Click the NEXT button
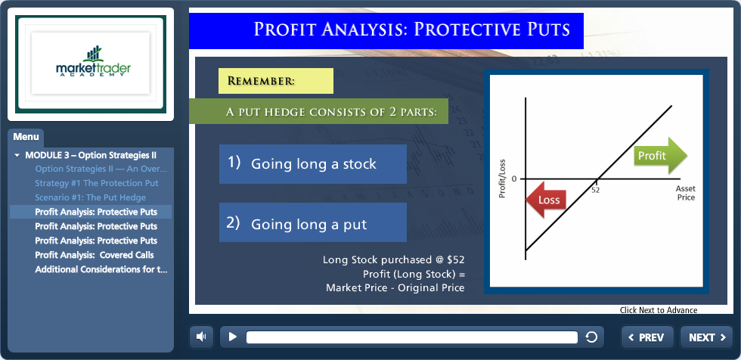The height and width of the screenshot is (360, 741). click(x=706, y=337)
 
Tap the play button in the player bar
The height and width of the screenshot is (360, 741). click(x=233, y=337)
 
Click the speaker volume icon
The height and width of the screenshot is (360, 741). click(x=201, y=337)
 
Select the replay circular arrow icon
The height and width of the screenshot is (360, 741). click(x=591, y=337)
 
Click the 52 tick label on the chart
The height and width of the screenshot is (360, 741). click(x=596, y=190)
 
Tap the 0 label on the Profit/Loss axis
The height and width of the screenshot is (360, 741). click(x=515, y=178)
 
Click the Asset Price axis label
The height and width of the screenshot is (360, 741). click(x=686, y=193)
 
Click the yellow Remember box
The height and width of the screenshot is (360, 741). click(x=276, y=81)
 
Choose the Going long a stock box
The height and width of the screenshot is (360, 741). click(x=313, y=164)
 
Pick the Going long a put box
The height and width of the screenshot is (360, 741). click(x=313, y=222)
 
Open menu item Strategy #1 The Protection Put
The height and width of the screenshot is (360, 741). click(x=97, y=183)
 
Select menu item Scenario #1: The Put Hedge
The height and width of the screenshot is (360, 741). click(x=90, y=197)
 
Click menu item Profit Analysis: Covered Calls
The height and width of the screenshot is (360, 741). click(x=95, y=255)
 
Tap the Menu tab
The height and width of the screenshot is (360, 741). click(x=26, y=138)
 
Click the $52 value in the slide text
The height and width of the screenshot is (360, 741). click(x=455, y=260)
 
